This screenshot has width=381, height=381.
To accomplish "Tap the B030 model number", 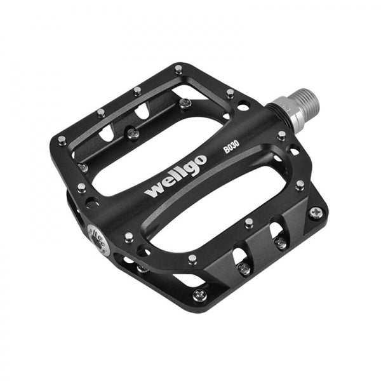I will tap(231, 148).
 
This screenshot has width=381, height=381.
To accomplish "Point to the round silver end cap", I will tap(97, 234).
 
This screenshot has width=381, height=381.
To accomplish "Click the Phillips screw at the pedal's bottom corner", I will tap(200, 294).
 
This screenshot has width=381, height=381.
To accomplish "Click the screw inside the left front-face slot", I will tap(243, 267).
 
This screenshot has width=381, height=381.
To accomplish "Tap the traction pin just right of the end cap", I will tap(128, 237).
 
